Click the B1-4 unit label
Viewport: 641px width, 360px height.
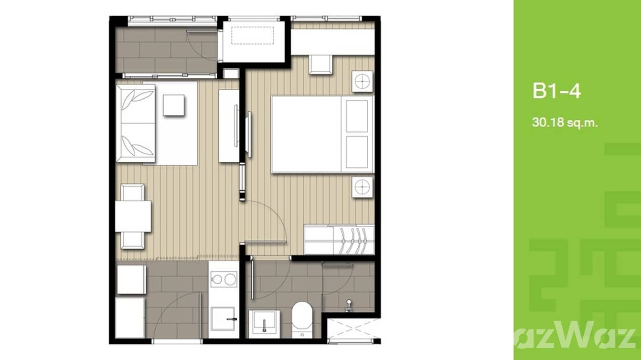(x=556, y=91)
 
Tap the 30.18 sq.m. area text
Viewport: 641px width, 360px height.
(x=565, y=123)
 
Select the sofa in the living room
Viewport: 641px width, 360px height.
(x=136, y=120)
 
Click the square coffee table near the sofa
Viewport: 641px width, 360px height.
(x=173, y=105)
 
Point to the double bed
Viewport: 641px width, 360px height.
(x=321, y=134)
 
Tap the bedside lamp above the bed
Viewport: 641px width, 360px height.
(x=363, y=81)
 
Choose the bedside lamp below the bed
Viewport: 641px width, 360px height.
(x=363, y=187)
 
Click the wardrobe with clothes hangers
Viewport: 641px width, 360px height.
(x=339, y=240)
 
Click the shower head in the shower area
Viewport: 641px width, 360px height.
(x=350, y=304)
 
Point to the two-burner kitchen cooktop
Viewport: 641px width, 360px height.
(x=224, y=279)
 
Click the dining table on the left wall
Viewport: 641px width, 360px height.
(x=133, y=216)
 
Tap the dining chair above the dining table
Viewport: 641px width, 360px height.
(x=132, y=192)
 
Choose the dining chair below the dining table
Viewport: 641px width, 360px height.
(x=132, y=240)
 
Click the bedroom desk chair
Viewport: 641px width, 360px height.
(x=320, y=64)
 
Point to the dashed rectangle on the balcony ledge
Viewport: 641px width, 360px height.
(x=252, y=35)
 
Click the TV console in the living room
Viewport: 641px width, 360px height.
(x=228, y=126)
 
